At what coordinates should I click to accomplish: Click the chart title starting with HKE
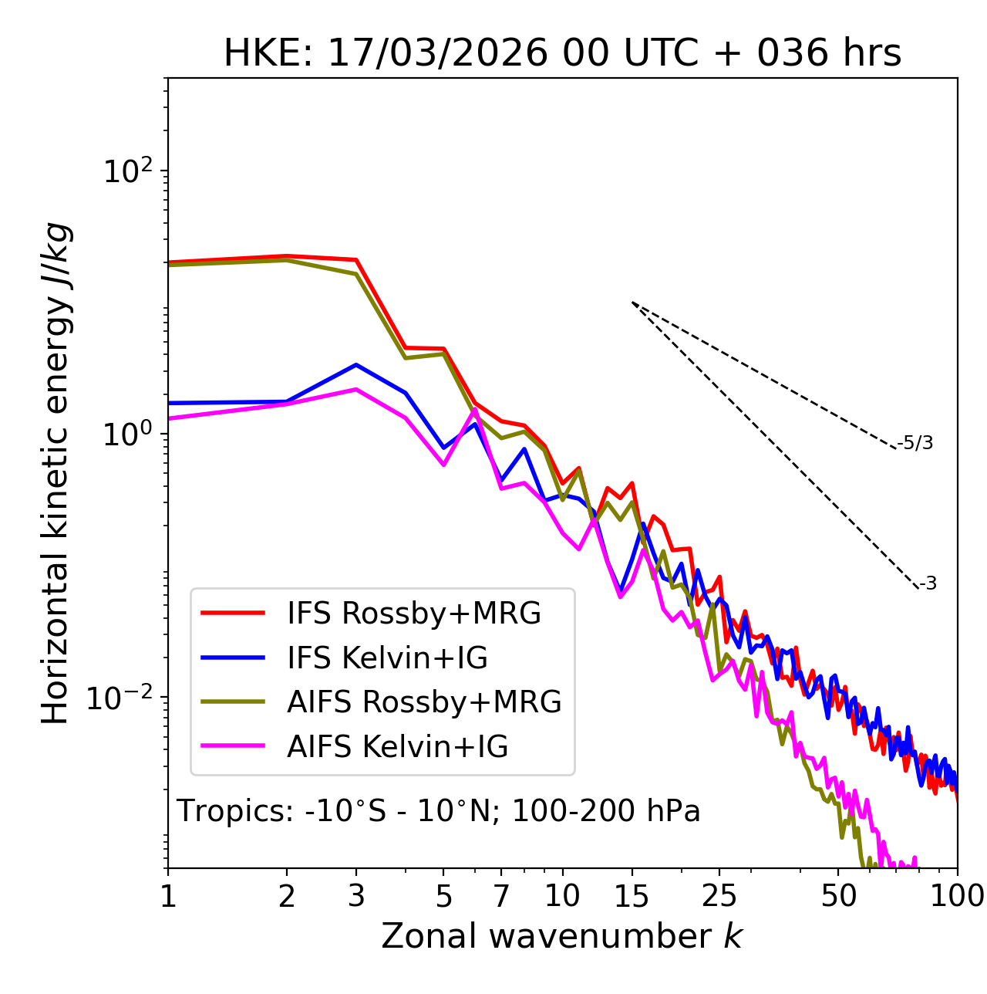(562, 53)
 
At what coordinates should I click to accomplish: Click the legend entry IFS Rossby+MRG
(413, 614)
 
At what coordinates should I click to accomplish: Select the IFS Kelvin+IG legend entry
(387, 658)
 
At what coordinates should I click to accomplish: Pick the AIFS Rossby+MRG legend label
(423, 702)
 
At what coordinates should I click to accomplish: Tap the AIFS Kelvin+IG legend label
(397, 747)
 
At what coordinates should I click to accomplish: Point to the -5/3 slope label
(915, 443)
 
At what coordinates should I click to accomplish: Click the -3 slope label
(928, 583)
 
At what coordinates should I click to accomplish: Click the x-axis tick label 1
(168, 896)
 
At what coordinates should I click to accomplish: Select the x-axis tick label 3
(356, 896)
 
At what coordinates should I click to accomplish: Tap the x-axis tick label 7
(501, 896)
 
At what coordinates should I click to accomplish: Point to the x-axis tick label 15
(632, 896)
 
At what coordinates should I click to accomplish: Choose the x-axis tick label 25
(719, 896)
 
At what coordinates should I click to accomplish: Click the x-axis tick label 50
(838, 896)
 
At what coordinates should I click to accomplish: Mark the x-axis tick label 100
(957, 896)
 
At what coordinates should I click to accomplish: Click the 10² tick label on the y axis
(127, 171)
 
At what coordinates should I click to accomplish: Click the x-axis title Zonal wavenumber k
(562, 936)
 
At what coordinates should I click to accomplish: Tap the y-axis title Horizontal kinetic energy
(56, 473)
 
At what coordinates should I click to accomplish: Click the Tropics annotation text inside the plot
(439, 811)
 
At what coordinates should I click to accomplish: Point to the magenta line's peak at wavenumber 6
(475, 409)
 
